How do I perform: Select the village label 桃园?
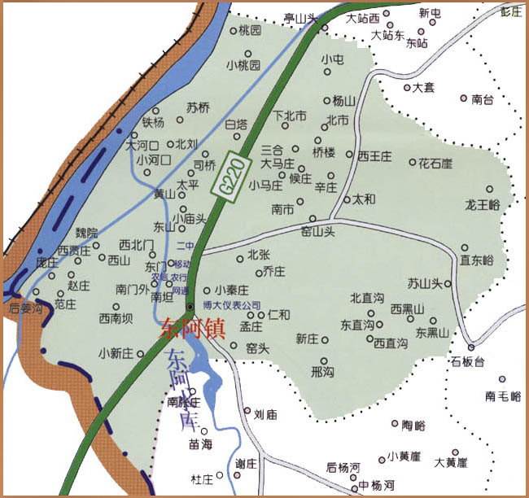coord(250,31)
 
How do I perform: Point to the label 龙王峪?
coord(482,204)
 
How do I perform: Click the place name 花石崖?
coord(435,164)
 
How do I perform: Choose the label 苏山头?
coord(424,284)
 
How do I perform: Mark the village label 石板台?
coord(467,360)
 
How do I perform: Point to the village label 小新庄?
coord(116,354)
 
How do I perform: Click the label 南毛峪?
coord(502,396)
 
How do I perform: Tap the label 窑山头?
coord(318,231)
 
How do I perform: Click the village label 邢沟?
coord(322,372)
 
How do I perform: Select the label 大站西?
coord(363,18)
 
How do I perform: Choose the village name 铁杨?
coord(153,123)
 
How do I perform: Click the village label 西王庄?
coord(375,155)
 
